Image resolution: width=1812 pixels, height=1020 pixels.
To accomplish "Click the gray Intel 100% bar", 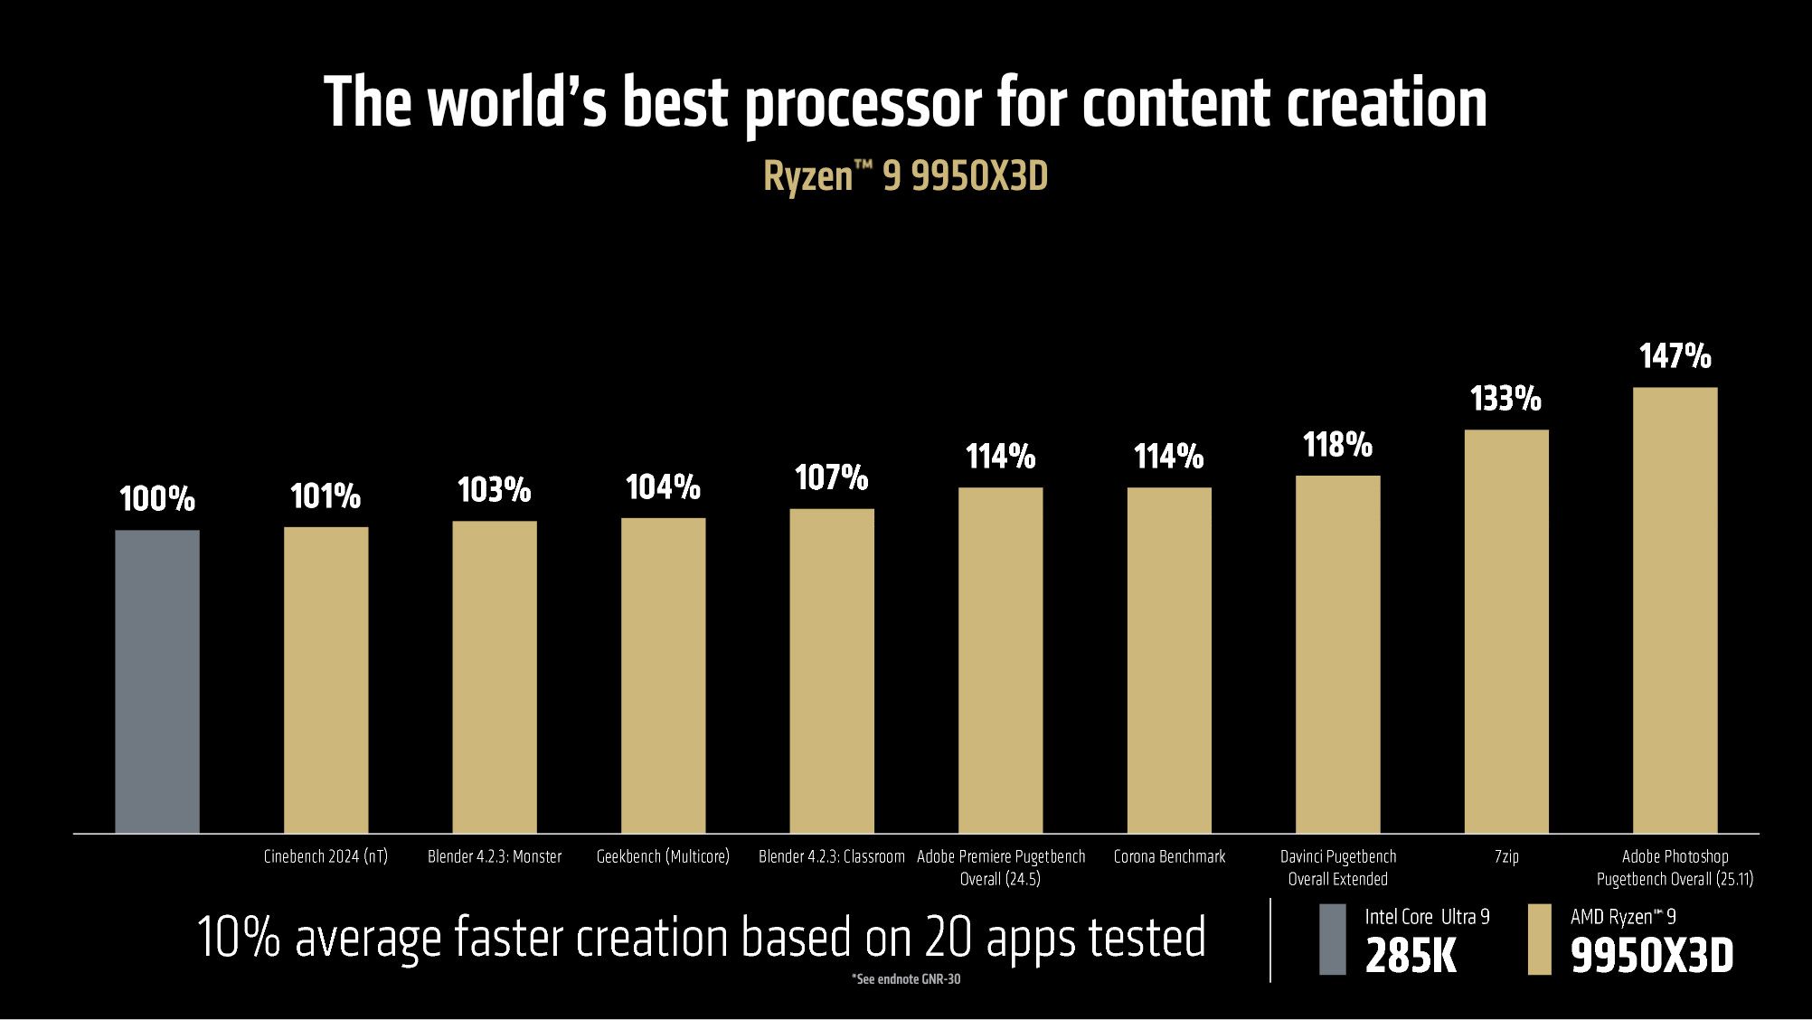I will (x=157, y=681).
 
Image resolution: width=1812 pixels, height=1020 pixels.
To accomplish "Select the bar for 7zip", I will (x=1506, y=631).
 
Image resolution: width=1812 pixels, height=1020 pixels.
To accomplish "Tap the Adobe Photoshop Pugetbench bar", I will (x=1675, y=610).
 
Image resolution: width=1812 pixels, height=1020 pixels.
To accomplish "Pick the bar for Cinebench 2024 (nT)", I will (x=326, y=680).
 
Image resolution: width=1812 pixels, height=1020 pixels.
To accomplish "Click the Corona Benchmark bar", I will (x=1169, y=660).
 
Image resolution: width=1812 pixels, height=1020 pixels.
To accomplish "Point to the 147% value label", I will (x=1675, y=356).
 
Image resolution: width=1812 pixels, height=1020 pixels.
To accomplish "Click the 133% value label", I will (x=1505, y=399).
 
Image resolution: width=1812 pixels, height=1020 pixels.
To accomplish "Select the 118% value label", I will (x=1337, y=445).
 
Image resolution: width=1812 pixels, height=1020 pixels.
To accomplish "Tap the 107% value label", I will (x=831, y=477).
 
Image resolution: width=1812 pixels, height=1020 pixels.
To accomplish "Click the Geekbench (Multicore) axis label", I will (x=663, y=856).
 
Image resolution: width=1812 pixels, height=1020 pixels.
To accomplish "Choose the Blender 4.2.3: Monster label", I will (x=495, y=856).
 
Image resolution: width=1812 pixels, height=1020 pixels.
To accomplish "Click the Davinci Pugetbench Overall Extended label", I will (x=1337, y=867).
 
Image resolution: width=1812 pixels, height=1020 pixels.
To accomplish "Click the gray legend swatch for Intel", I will (x=1332, y=939).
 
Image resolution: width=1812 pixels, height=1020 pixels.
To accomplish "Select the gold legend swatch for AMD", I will (x=1539, y=939).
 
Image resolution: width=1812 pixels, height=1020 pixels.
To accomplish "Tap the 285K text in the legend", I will (x=1411, y=956).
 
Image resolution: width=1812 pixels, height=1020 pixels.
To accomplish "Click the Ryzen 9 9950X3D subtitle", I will (x=905, y=176).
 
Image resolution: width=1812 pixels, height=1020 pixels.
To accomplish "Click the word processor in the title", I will (x=863, y=103).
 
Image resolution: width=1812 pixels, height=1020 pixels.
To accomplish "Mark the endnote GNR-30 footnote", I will (x=905, y=979).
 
